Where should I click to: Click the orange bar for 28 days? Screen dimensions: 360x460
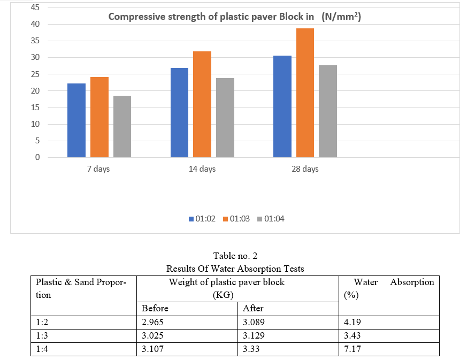pyautogui.click(x=305, y=93)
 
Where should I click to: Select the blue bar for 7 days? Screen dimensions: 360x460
pyautogui.click(x=76, y=120)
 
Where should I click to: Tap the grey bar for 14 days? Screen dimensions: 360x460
pyautogui.click(x=225, y=118)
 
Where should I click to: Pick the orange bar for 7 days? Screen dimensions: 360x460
pyautogui.click(x=99, y=117)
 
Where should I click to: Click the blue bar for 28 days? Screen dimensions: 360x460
pyautogui.click(x=282, y=106)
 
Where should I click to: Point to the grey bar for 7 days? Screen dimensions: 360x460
pyautogui.click(x=122, y=126)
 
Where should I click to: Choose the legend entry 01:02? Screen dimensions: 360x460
pyautogui.click(x=201, y=219)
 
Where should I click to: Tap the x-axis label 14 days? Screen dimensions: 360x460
pyautogui.click(x=202, y=169)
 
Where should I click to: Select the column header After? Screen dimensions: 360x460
pyautogui.click(x=253, y=308)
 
